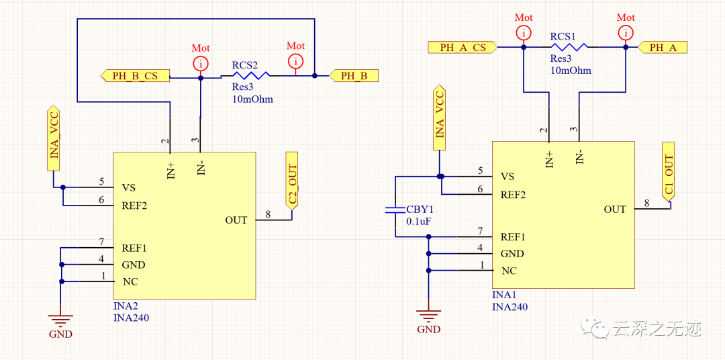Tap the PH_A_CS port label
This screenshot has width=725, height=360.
[463, 47]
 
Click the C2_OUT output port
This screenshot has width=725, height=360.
[292, 186]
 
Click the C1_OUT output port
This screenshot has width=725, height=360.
[668, 176]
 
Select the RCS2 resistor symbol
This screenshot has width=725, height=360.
[245, 76]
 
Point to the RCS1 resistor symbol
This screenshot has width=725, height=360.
[569, 47]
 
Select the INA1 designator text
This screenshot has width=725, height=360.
[504, 296]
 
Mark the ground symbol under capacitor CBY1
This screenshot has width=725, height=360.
[429, 314]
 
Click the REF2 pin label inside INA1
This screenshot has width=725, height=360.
[513, 195]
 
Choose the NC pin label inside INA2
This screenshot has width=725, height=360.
[130, 281]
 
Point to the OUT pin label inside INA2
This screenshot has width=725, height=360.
[236, 220]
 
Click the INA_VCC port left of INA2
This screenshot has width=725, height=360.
[54, 137]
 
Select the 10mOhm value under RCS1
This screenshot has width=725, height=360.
[571, 70]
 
